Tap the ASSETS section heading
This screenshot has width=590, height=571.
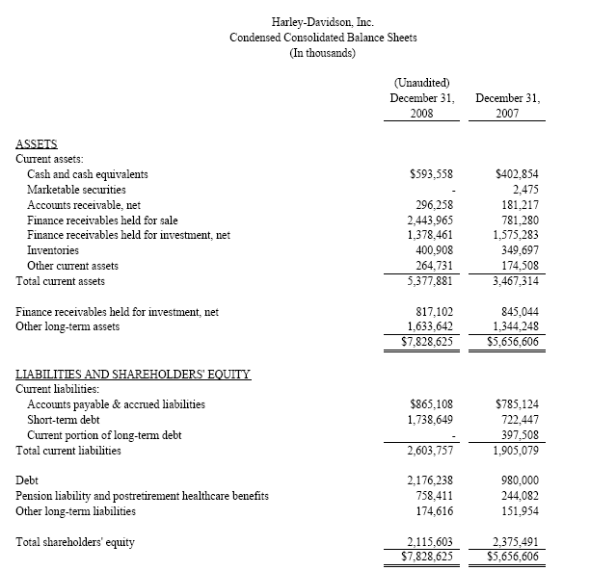pyautogui.click(x=37, y=143)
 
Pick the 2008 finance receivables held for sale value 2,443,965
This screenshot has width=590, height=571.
pyautogui.click(x=427, y=220)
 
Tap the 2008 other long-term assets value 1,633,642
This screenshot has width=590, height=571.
pyautogui.click(x=427, y=325)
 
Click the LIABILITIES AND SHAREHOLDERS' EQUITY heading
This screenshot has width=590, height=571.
pyautogui.click(x=134, y=374)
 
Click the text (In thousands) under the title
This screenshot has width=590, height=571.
pyautogui.click(x=323, y=52)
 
